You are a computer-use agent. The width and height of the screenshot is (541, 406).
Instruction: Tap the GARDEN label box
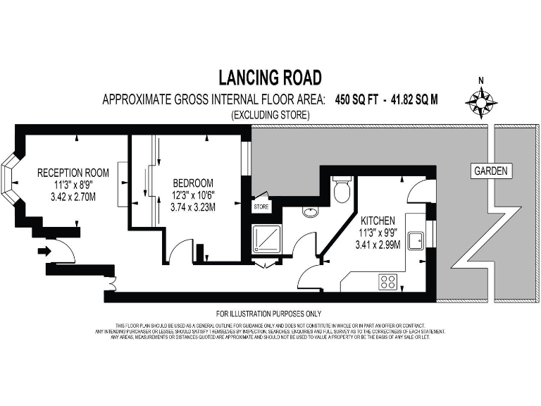click(491, 171)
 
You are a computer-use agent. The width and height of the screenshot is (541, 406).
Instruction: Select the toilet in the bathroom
click(342, 189)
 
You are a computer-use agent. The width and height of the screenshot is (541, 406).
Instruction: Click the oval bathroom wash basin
click(310, 211)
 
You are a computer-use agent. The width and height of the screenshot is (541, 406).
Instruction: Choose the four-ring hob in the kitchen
click(387, 281)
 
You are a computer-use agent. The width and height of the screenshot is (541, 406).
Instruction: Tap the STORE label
click(261, 207)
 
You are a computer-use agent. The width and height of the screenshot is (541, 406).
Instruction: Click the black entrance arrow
click(44, 250)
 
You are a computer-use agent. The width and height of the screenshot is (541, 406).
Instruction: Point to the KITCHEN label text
click(383, 221)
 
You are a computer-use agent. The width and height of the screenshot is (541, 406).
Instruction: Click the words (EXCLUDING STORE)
click(270, 114)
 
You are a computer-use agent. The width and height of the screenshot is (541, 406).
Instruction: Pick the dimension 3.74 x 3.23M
click(194, 207)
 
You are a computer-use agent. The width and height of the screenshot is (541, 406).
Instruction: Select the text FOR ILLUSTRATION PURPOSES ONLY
click(269, 313)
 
